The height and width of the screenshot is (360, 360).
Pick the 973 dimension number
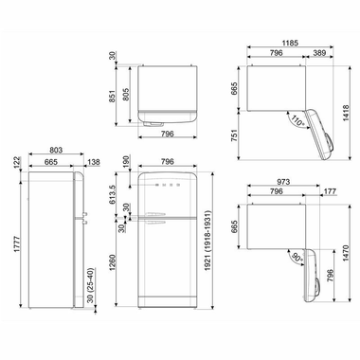point(279,183)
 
